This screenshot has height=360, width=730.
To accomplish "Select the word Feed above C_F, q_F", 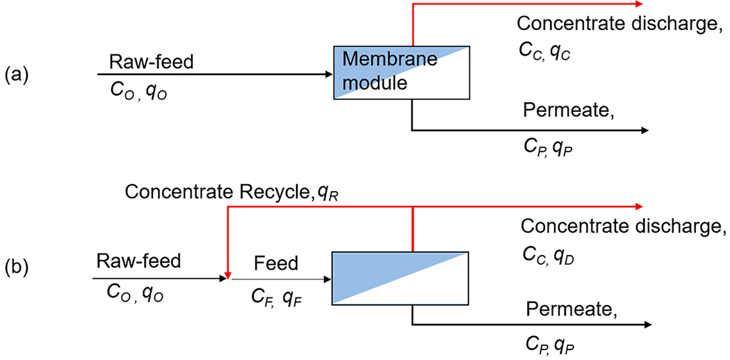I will [276, 263].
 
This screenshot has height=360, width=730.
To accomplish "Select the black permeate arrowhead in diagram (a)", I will [644, 130].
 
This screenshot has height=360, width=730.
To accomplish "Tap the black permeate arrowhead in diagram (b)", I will [647, 325].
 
